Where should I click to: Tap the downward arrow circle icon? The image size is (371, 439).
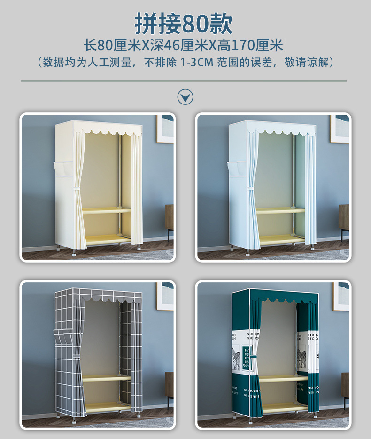185,97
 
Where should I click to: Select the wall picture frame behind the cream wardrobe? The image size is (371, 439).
165,128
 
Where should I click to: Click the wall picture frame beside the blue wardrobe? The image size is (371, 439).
339,128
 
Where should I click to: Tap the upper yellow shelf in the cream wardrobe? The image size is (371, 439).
107,210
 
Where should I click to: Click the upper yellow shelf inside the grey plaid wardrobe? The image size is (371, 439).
107,377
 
